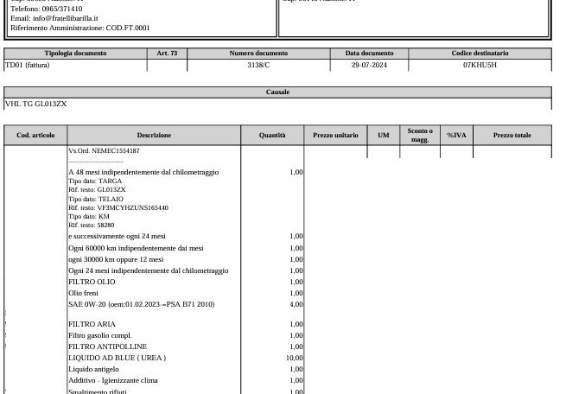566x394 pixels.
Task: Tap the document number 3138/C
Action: point(258,65)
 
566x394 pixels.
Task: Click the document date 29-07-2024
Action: point(369,65)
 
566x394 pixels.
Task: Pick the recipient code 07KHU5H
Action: point(480,65)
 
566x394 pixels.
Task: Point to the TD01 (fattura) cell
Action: point(28,65)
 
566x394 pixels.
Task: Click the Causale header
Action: point(277,92)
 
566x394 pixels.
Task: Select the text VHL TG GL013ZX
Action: point(36,104)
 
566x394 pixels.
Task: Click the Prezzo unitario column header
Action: point(335,135)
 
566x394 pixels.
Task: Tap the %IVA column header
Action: point(456,135)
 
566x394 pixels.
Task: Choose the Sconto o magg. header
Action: point(420,135)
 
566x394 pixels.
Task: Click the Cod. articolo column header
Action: point(35,135)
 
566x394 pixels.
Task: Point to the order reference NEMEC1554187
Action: point(116,151)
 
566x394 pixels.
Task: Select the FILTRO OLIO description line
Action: point(92,282)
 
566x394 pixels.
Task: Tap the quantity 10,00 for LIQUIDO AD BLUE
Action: point(294,358)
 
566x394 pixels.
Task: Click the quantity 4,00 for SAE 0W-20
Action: point(296,304)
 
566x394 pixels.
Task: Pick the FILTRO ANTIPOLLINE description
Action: point(107,346)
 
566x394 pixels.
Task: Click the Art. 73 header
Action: point(167,54)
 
